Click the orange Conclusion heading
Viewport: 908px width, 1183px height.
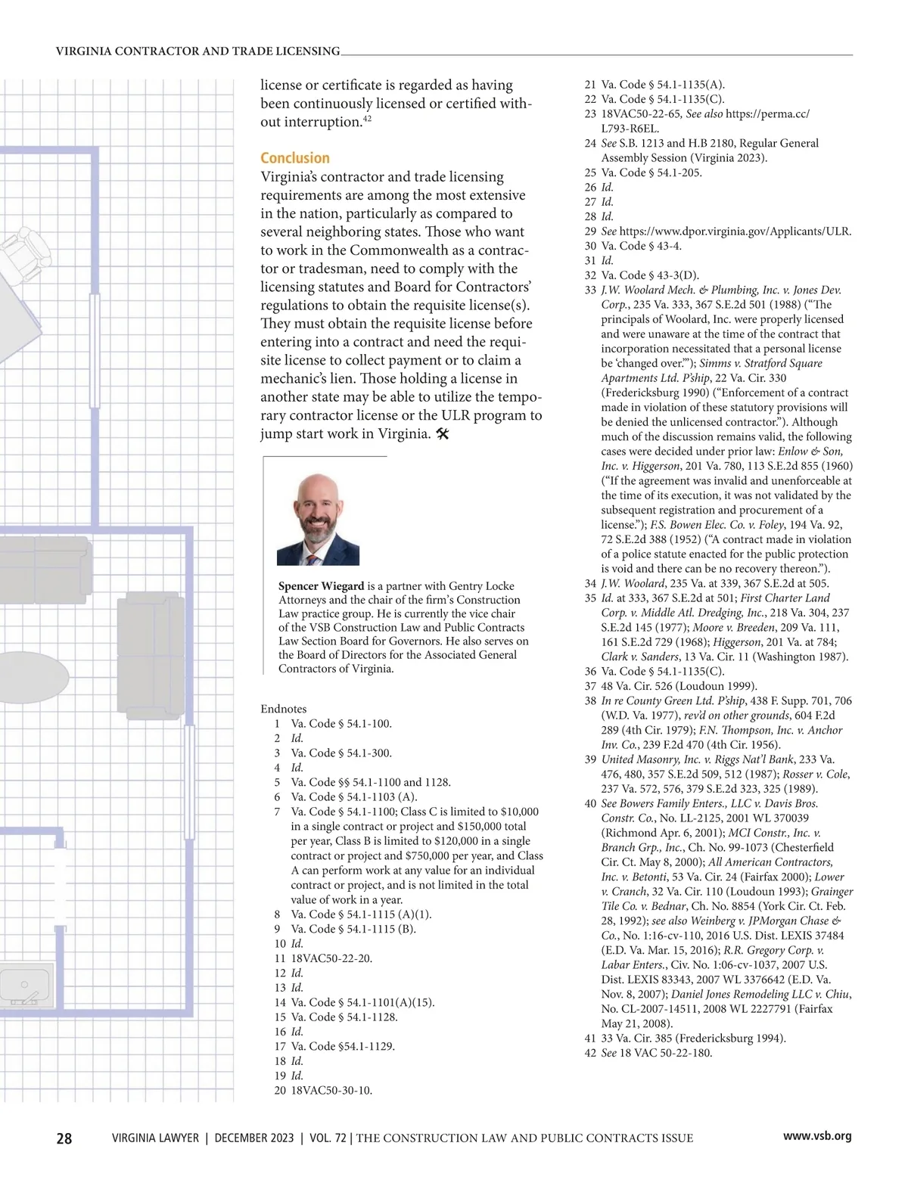coord(295,158)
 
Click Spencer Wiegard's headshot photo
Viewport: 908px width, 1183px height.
coord(318,519)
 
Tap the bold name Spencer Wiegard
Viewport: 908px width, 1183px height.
coord(321,586)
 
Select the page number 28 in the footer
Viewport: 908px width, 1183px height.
coord(64,1138)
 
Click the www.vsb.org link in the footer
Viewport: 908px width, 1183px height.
coord(817,1136)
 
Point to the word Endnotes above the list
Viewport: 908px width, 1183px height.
coord(284,709)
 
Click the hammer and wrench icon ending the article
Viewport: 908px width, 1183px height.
coord(444,434)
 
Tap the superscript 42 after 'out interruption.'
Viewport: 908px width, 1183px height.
coord(367,119)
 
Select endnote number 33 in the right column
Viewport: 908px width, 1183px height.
coord(590,290)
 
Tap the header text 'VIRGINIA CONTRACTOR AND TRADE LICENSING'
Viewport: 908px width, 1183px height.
coord(198,51)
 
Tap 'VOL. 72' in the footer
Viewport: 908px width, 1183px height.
coord(323,1138)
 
